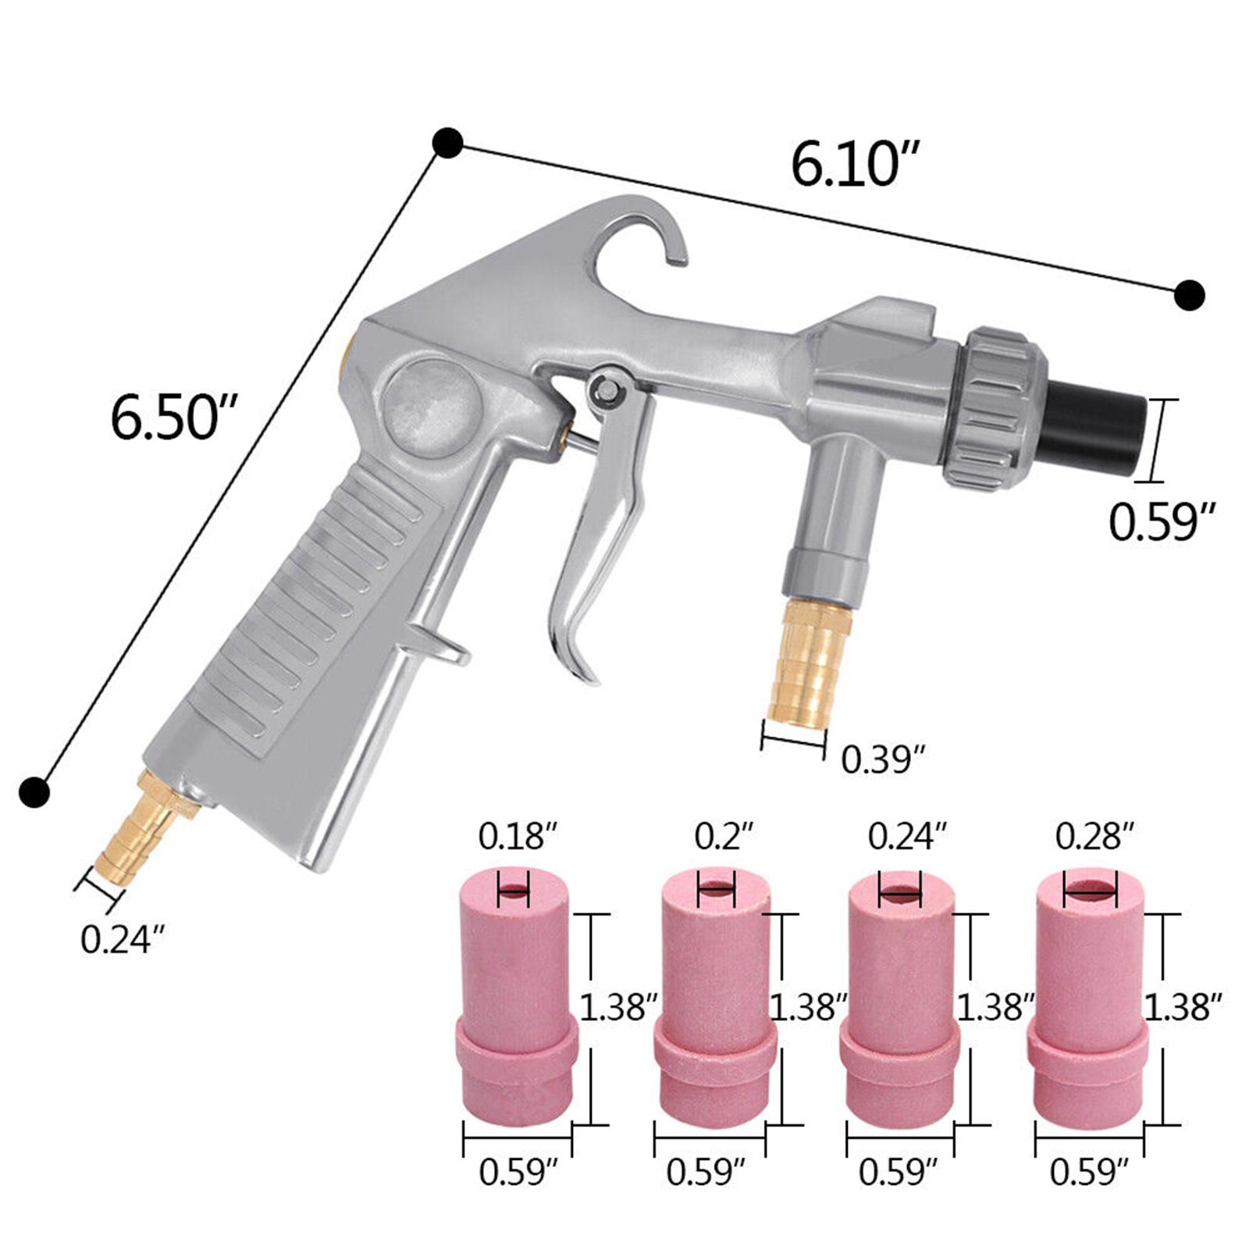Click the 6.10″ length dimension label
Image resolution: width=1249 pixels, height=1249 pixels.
click(x=854, y=165)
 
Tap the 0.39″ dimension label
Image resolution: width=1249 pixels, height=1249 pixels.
click(x=883, y=759)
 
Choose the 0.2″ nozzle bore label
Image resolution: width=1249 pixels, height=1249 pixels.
click(x=724, y=838)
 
